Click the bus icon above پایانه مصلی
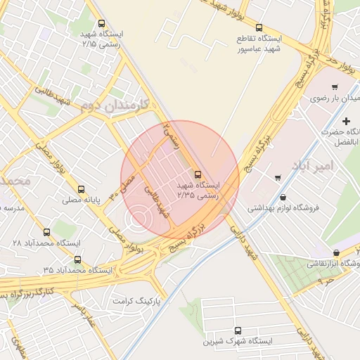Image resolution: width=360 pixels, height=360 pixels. (82, 189)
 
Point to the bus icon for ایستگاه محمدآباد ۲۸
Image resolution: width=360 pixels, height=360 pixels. (47, 231)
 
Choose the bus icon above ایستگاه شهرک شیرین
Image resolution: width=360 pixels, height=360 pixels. (237, 330)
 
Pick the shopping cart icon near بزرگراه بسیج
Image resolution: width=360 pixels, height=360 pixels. (278, 177)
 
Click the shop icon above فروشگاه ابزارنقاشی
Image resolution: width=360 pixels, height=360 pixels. (336, 252)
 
